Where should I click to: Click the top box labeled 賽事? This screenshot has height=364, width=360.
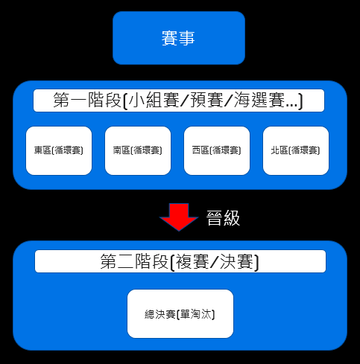pos(179,38)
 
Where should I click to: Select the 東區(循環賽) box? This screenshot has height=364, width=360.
pos(59,150)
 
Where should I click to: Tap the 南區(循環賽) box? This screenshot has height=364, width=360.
pos(138,150)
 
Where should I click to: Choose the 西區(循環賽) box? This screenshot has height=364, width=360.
pos(217,150)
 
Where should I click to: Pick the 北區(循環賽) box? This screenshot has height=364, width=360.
pos(296,150)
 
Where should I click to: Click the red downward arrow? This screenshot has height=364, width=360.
pos(179,217)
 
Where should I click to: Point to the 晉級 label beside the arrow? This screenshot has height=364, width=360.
pos(223,218)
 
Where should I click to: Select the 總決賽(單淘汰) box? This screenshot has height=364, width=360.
pos(180,313)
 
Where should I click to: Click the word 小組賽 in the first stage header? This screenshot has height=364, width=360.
pos(154,100)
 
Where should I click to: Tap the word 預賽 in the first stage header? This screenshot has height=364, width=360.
pos(206,100)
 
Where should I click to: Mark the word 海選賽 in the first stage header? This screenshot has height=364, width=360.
pos(259,100)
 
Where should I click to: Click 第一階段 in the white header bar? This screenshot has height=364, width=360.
pos(87,100)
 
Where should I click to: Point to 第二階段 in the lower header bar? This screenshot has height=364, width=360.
pos(134,261)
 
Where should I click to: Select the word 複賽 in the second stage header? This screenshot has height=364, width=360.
pos(192,261)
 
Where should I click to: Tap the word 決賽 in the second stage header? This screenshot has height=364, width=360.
pos(236,261)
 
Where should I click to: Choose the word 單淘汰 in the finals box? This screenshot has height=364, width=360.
pos(196,314)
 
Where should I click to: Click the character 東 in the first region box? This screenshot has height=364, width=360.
pos(38,150)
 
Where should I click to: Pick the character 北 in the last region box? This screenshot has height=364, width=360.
pos(275,150)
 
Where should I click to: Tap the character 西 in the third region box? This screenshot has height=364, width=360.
pos(196,150)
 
